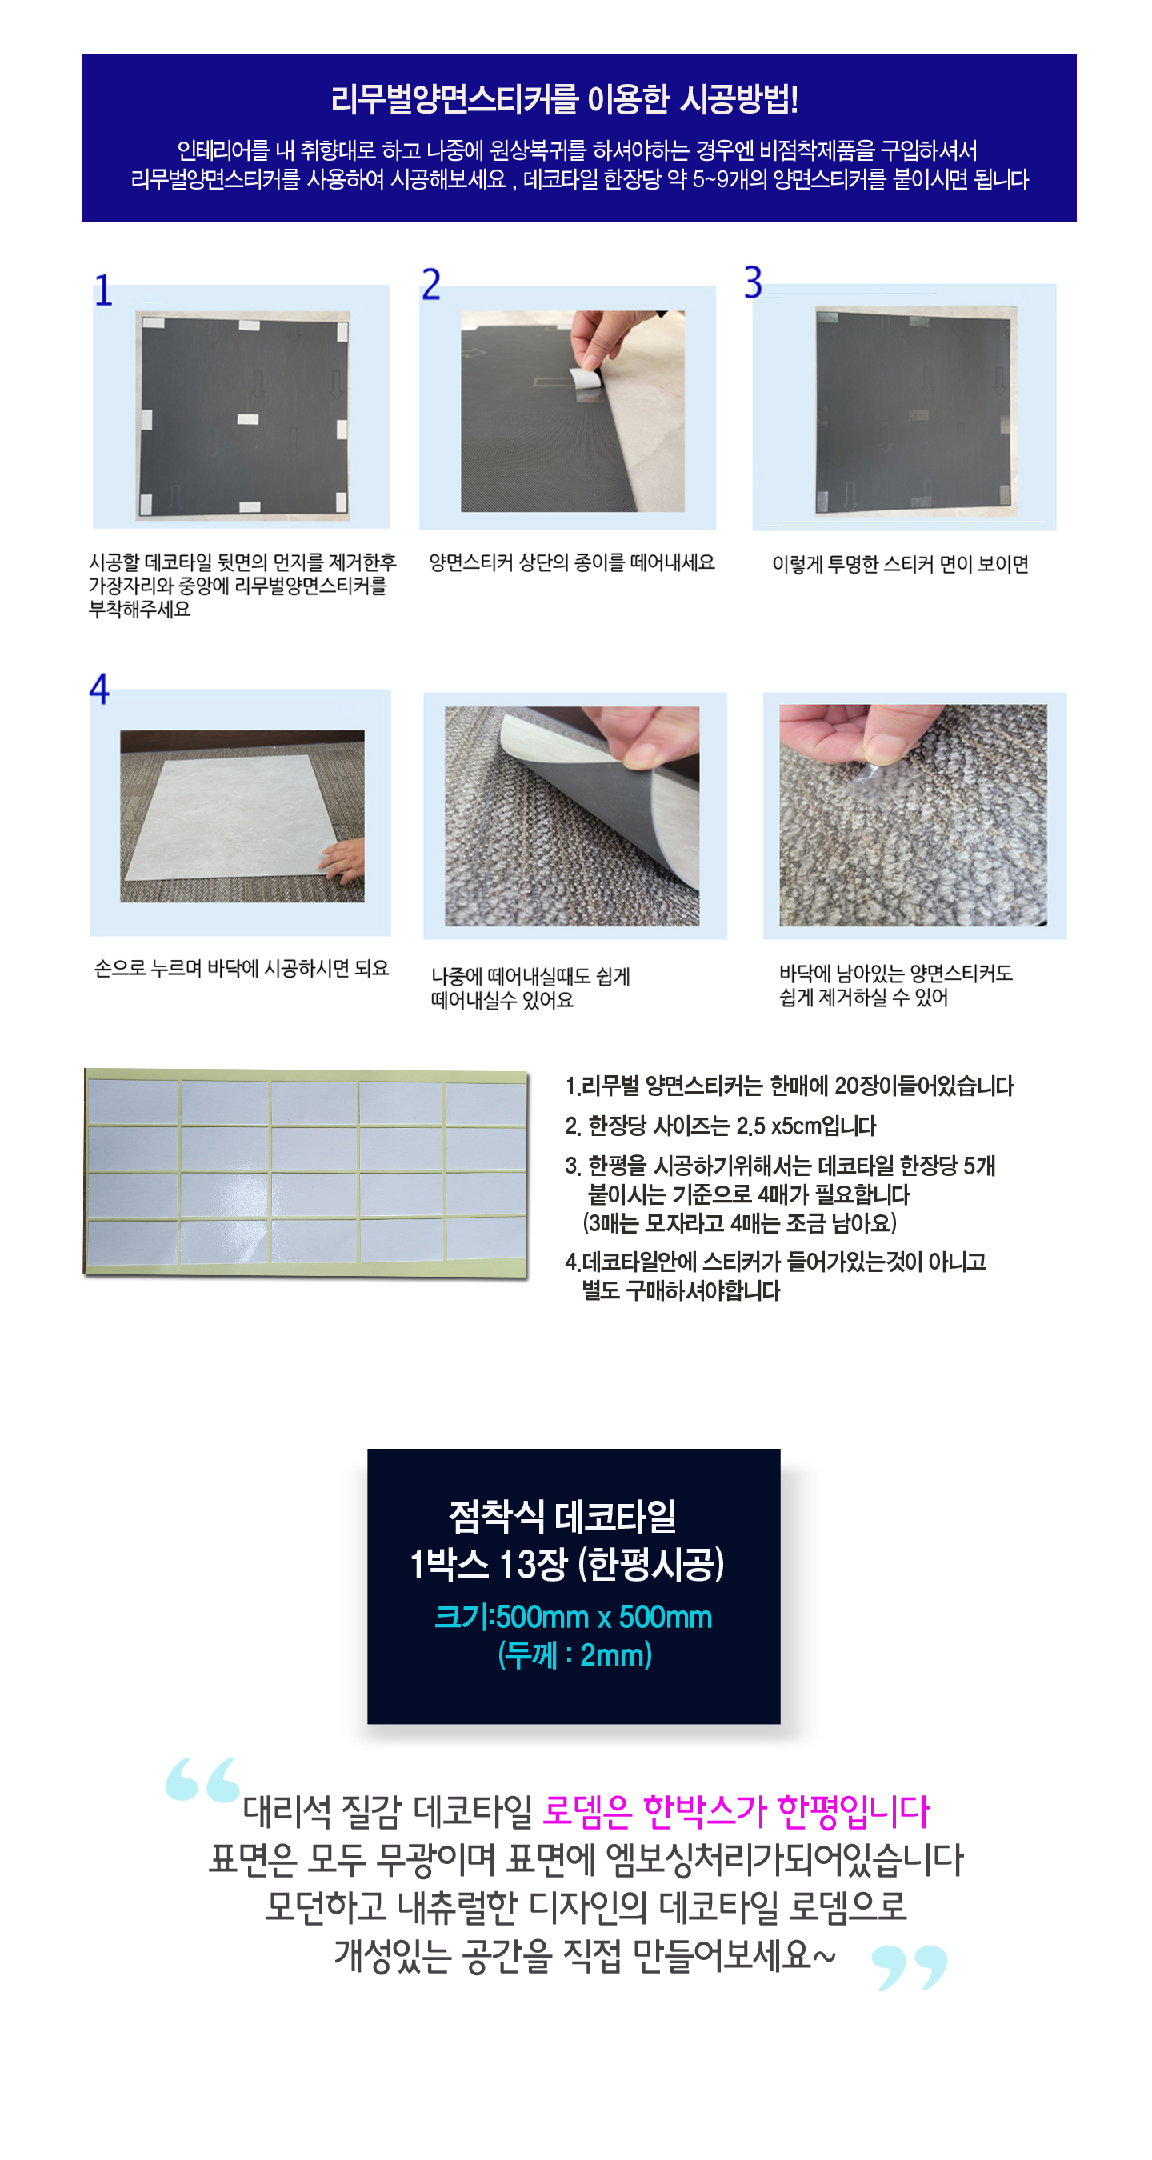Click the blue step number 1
103,290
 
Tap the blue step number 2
431,284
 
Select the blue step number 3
753,282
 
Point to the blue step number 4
100,689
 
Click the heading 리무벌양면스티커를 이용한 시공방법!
563,100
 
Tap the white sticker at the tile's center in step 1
247,419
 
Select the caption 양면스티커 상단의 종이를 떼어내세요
572,562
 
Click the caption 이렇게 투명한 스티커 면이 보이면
900,564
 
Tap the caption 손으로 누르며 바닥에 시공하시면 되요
242,969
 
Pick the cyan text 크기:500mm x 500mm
574,1617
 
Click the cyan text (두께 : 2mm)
574,1655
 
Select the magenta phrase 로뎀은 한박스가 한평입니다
736,1811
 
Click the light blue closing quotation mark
910,1967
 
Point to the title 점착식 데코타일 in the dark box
562,1516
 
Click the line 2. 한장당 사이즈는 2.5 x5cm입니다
720,1126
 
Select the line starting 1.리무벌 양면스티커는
789,1086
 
